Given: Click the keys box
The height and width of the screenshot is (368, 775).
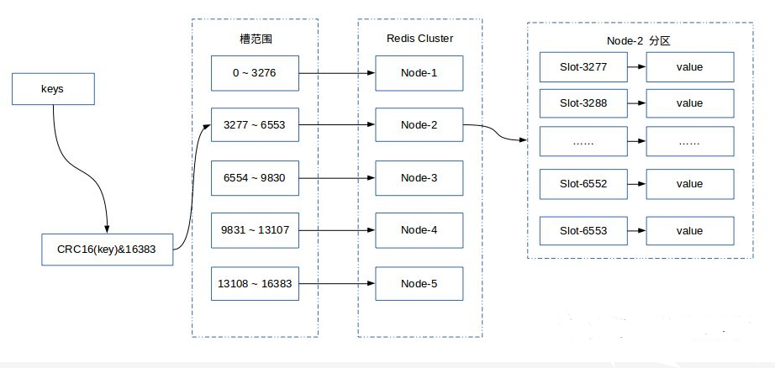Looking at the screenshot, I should click(x=52, y=89).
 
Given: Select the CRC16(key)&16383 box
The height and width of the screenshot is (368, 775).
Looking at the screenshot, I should click(x=108, y=250).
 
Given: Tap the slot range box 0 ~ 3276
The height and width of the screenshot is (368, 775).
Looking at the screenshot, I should click(x=254, y=73).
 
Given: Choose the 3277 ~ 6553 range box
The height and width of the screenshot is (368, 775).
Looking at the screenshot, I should click(x=254, y=125).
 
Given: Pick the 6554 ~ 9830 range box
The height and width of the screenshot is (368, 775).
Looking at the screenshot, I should click(x=254, y=177).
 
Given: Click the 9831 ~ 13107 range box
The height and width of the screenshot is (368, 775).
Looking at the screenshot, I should click(x=254, y=230).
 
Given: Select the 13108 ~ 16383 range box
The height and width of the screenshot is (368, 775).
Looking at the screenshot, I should click(x=254, y=283).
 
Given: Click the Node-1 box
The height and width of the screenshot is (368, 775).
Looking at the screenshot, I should click(x=419, y=73).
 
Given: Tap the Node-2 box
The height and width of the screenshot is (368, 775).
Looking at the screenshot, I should click(x=419, y=125).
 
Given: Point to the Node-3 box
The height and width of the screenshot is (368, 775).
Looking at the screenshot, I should click(x=419, y=177).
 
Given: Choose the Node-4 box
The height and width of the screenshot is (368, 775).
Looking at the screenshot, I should click(x=419, y=230).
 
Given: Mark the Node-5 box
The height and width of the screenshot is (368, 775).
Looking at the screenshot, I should click(x=419, y=283).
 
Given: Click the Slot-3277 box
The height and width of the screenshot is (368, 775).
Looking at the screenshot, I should click(x=583, y=66).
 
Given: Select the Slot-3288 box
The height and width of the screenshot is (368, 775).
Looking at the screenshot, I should click(x=583, y=103).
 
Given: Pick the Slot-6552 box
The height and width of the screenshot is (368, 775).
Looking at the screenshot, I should click(x=583, y=184).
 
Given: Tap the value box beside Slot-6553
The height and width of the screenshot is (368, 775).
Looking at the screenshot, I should click(x=689, y=230).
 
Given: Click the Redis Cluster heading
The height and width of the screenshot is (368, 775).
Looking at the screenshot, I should click(x=419, y=39).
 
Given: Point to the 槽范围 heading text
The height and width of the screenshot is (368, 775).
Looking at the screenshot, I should click(x=255, y=39).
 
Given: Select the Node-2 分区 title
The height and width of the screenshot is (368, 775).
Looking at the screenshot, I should click(x=635, y=41).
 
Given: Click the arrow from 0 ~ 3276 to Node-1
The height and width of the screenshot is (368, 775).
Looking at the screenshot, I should click(x=335, y=73).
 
